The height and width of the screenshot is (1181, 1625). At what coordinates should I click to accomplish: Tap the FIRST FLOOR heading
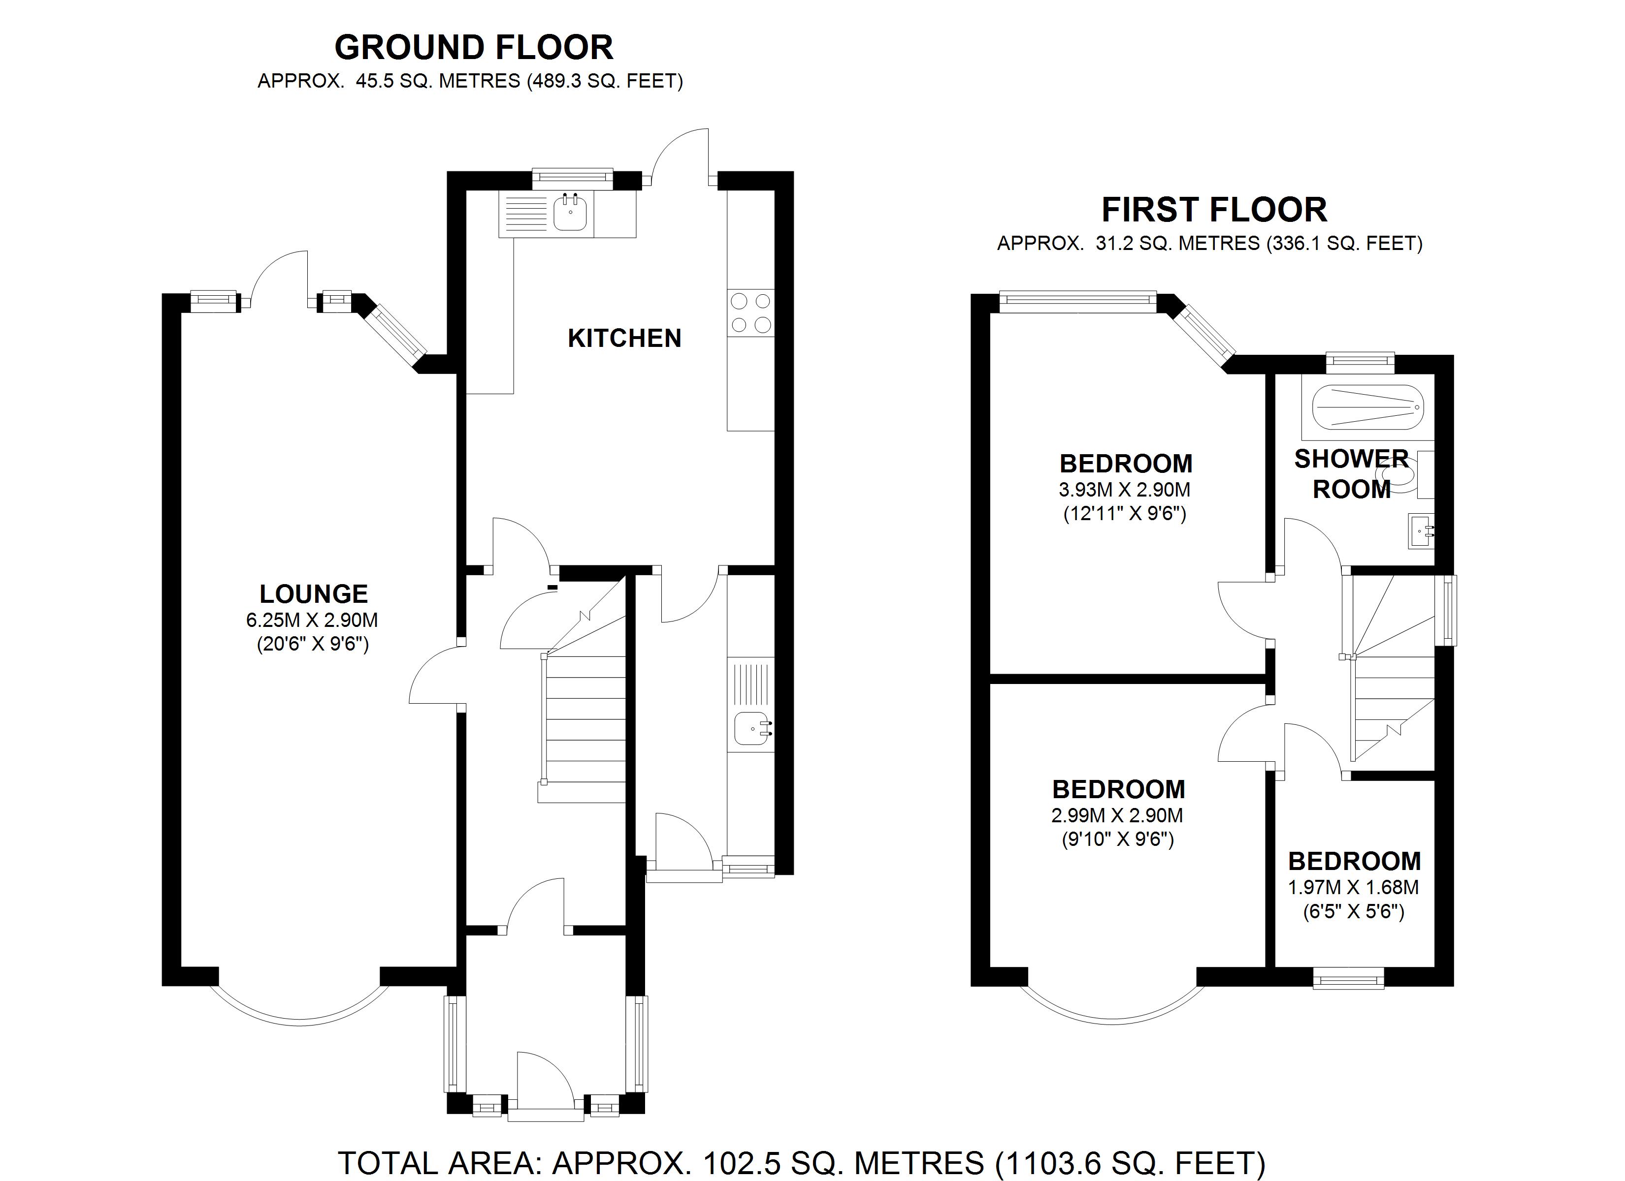(x=1214, y=210)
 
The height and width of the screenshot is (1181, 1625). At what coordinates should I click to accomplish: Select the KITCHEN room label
(x=624, y=338)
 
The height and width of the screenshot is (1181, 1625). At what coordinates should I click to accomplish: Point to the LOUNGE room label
(x=314, y=594)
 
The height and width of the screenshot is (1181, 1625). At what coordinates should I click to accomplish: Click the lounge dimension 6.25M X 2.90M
(x=312, y=620)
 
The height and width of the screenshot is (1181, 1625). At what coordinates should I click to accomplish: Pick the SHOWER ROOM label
(x=1351, y=474)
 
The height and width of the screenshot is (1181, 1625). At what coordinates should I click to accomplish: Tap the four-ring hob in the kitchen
(x=750, y=313)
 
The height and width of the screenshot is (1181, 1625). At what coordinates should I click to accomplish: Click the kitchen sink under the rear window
(x=570, y=213)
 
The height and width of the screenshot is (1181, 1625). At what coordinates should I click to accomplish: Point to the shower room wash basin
(x=1421, y=530)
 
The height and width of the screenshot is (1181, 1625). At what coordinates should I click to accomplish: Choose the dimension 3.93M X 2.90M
(x=1125, y=490)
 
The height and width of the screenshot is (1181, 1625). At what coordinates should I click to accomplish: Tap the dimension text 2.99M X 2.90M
(x=1117, y=815)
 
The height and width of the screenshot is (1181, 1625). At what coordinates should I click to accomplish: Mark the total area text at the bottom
(x=801, y=1164)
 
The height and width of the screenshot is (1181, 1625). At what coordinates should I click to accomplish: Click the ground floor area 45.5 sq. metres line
(x=470, y=81)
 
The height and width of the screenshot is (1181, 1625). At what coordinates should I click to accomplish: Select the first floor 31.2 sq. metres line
(x=1209, y=244)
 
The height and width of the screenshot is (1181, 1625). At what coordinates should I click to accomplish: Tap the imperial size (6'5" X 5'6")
(x=1354, y=912)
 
